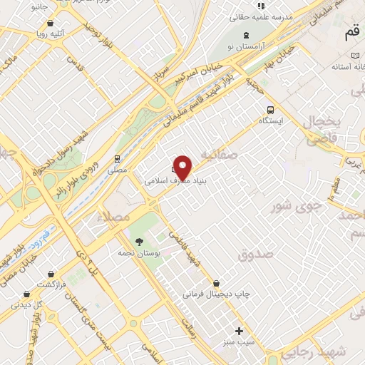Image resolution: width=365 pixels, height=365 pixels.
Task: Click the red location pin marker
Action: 183,167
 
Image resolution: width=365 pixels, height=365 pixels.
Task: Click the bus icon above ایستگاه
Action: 270,109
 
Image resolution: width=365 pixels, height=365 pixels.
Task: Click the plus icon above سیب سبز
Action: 240,331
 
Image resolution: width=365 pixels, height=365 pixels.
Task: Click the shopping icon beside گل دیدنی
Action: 27,294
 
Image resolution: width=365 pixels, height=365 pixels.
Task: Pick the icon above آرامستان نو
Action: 247,35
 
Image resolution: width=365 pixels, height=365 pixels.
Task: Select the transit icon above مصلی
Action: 116,159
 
